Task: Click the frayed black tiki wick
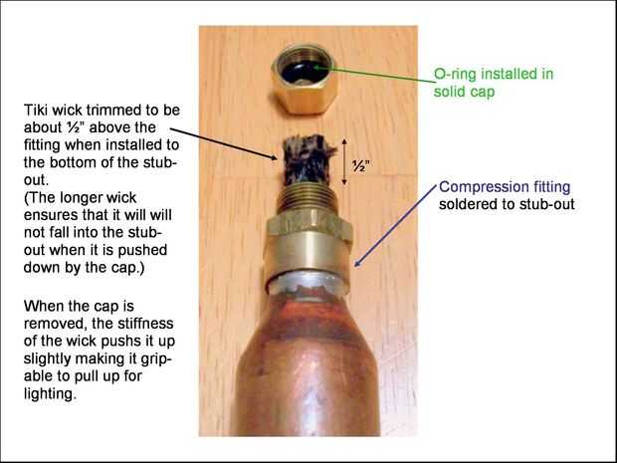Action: coord(308,159)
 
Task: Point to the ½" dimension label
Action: coord(359,166)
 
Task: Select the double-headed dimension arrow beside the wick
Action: coord(344,161)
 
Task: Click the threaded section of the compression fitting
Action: coord(307,199)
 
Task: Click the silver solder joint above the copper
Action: coord(307,284)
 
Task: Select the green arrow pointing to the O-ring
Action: coord(373,75)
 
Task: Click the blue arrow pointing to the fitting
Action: coord(396,226)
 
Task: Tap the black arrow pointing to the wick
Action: coord(224,143)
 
